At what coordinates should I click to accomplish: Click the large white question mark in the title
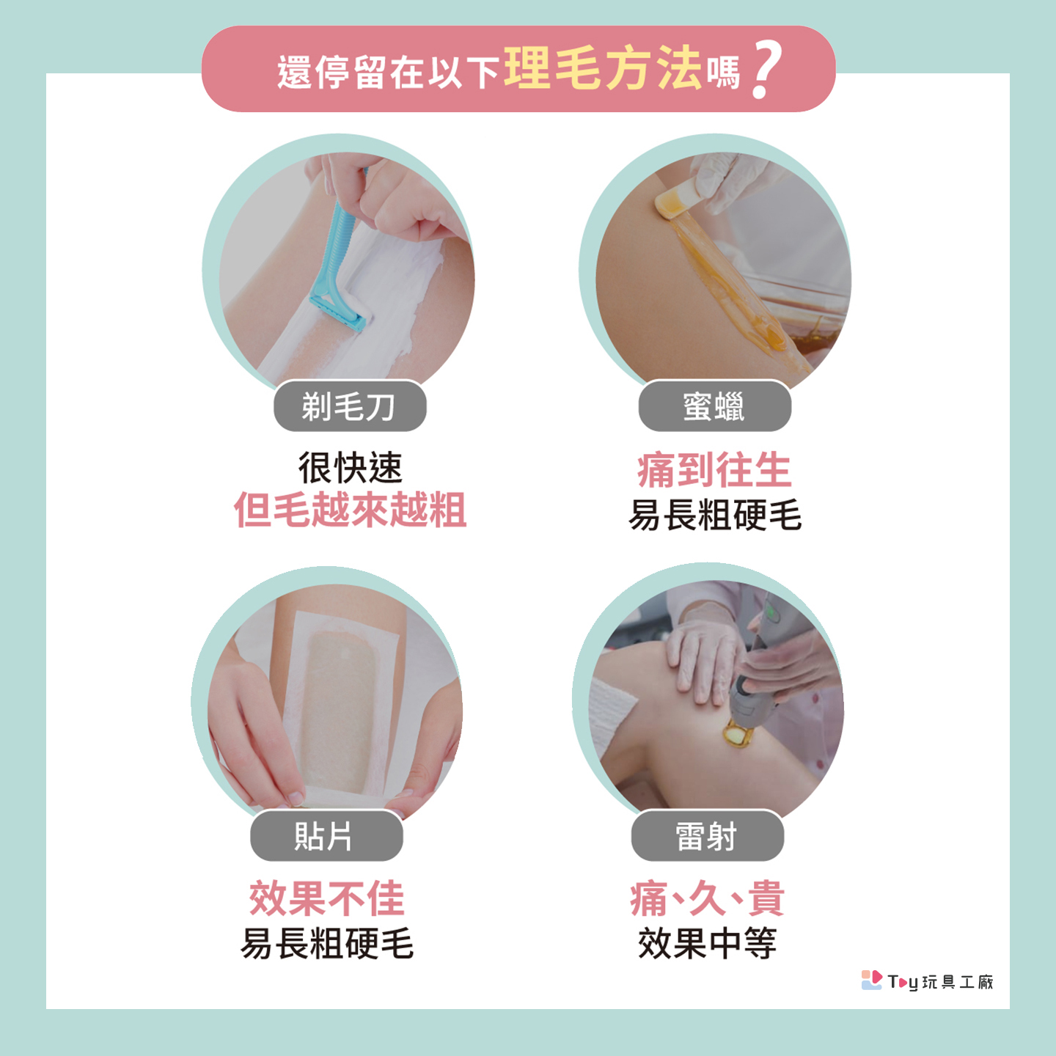coord(767,70)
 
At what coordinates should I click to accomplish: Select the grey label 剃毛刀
coord(350,406)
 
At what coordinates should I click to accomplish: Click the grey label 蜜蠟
coord(714,406)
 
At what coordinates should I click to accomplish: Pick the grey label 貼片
coord(326,836)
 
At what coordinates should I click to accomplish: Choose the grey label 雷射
coord(708,836)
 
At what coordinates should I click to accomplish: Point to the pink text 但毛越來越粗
coord(351,510)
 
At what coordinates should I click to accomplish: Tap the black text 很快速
coord(351,467)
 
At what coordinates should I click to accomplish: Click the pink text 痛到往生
coord(714,469)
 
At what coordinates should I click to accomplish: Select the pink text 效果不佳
coord(326,899)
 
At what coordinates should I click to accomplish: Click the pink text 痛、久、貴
coord(708,899)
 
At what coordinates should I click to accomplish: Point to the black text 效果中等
coord(708,943)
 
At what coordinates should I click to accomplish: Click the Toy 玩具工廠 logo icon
coord(871,980)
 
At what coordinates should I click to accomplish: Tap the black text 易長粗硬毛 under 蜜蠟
coord(714,515)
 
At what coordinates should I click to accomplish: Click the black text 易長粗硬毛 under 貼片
coord(326,943)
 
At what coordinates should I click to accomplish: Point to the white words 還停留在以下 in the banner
coord(388,73)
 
